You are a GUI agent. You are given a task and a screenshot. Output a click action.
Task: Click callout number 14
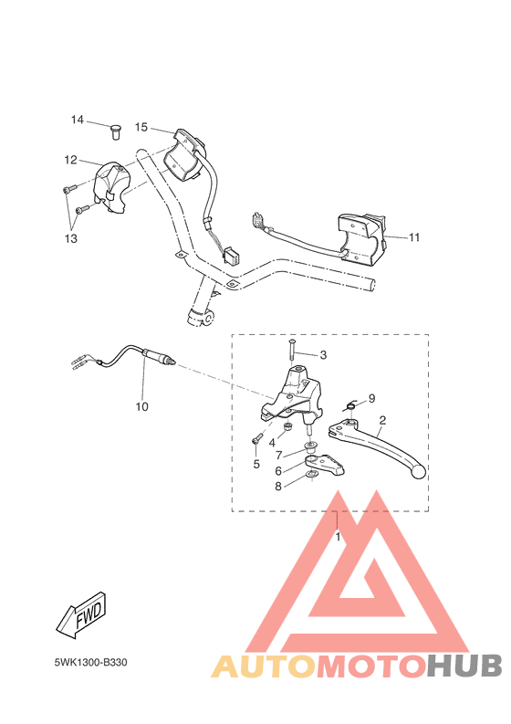tap(78, 120)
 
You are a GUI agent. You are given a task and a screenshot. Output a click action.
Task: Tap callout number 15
tap(141, 127)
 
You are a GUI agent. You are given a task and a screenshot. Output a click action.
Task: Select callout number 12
tap(70, 160)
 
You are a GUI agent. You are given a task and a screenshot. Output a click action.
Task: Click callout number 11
tap(414, 237)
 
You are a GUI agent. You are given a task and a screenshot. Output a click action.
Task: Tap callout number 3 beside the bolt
tap(322, 354)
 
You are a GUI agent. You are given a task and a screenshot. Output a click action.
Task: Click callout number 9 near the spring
tap(371, 398)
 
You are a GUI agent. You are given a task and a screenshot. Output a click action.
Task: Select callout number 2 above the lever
tap(382, 420)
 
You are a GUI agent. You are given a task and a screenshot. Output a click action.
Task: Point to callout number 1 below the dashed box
tap(338, 537)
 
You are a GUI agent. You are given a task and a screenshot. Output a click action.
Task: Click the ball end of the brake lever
tap(417, 473)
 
